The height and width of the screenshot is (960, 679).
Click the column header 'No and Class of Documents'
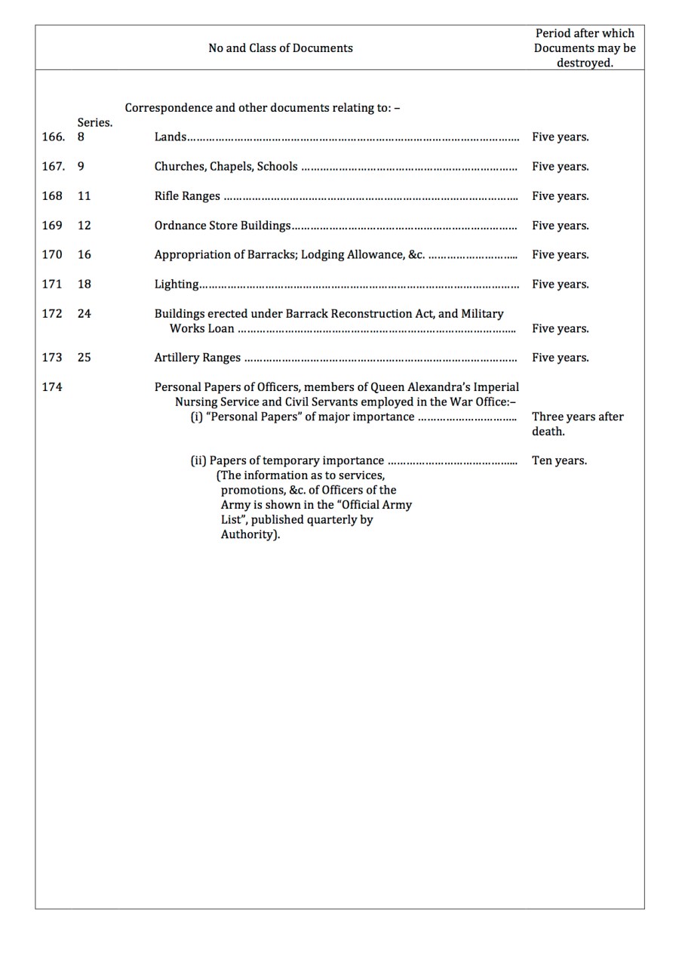click(280, 48)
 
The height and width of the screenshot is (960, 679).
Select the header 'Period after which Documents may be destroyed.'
click(585, 48)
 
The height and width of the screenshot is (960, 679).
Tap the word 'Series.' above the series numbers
click(94, 123)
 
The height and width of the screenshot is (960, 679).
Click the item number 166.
click(53, 137)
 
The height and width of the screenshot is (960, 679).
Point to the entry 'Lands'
click(171, 137)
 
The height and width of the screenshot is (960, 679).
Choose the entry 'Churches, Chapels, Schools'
click(226, 167)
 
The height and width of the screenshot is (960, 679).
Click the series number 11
click(84, 196)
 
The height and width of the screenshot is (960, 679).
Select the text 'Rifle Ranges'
click(187, 196)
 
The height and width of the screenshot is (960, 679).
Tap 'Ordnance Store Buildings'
click(223, 226)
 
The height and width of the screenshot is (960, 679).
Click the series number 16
click(84, 255)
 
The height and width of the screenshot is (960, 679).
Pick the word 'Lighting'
click(177, 285)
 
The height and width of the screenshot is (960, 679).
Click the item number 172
click(52, 314)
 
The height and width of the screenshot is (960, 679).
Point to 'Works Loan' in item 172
click(201, 329)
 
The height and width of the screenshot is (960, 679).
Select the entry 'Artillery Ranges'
click(198, 358)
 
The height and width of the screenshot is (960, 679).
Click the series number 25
click(84, 358)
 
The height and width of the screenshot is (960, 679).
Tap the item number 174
click(52, 387)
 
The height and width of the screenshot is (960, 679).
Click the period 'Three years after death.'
click(577, 424)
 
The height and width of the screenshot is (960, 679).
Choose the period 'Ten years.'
click(559, 461)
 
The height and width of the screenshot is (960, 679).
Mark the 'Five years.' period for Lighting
click(560, 285)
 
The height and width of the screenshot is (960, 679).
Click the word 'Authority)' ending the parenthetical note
click(250, 535)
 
